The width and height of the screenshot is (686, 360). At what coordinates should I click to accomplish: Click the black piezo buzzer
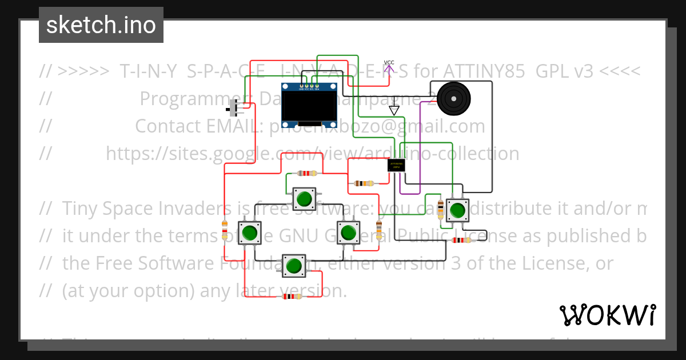click(x=453, y=99)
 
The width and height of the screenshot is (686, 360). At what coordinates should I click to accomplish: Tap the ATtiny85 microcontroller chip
click(x=396, y=165)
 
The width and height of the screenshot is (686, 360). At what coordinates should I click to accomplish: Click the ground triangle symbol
click(x=394, y=110)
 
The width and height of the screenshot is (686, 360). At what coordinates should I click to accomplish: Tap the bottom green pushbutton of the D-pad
click(x=294, y=266)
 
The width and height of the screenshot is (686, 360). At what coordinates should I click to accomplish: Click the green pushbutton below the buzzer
click(x=457, y=210)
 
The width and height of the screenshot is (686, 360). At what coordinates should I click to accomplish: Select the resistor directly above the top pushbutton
click(x=308, y=173)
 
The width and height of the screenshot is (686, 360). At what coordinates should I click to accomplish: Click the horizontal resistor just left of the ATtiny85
click(x=364, y=183)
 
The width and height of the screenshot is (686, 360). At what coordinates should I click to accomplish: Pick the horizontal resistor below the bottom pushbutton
click(x=292, y=296)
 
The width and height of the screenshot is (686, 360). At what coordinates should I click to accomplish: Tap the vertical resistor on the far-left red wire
click(x=225, y=230)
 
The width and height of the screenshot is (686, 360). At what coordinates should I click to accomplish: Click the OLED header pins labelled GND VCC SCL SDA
click(x=309, y=87)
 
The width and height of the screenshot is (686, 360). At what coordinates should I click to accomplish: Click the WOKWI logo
click(x=607, y=315)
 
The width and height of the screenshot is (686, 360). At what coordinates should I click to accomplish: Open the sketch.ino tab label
click(x=101, y=25)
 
